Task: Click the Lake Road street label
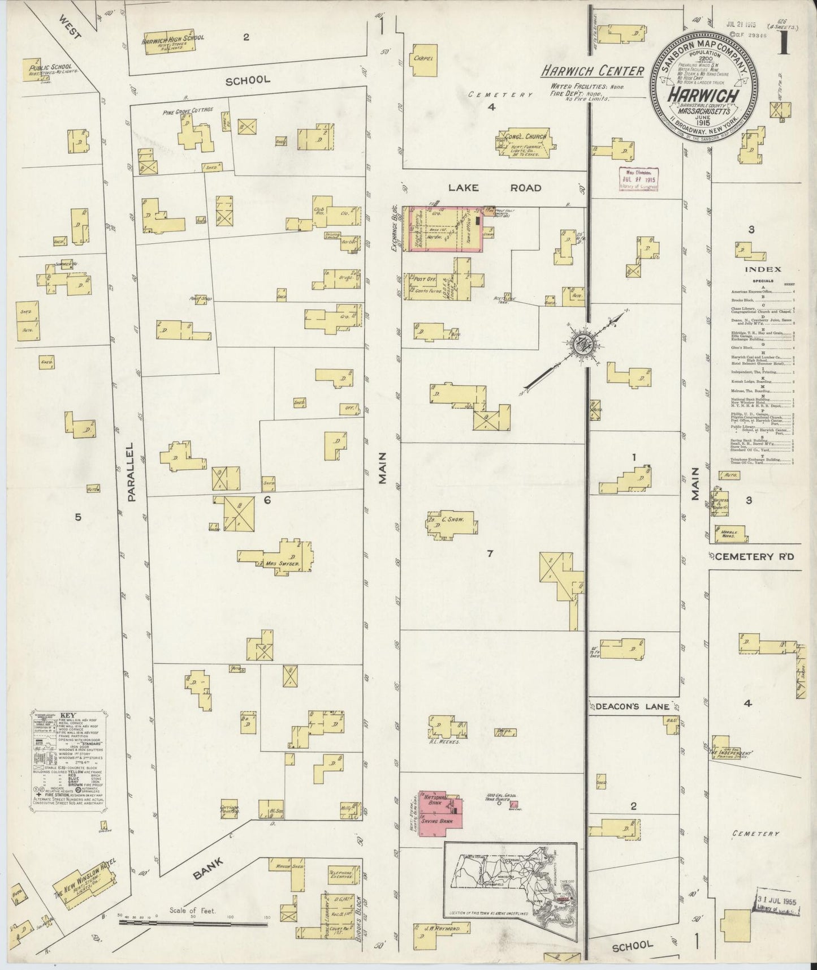[495, 188]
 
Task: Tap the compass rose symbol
[581, 343]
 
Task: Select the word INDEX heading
[762, 270]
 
